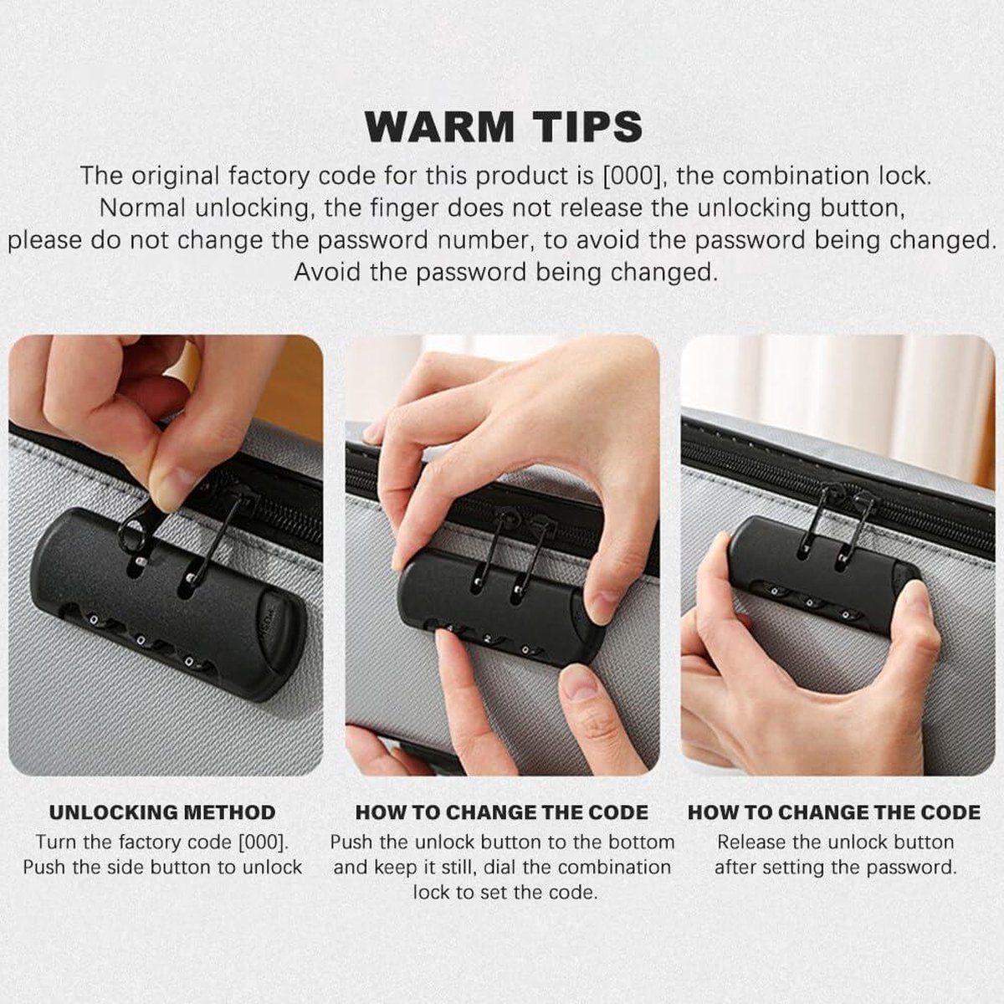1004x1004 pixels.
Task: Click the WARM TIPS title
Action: pyautogui.click(x=504, y=126)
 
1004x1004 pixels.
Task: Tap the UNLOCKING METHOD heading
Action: pyautogui.click(x=162, y=812)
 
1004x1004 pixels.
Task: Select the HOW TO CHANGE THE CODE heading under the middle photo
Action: pyautogui.click(x=502, y=812)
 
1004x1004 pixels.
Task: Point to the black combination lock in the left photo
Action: pyautogui.click(x=170, y=603)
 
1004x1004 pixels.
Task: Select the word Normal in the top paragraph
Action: pyautogui.click(x=141, y=208)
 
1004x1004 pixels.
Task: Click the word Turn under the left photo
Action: pyautogui.click(x=56, y=842)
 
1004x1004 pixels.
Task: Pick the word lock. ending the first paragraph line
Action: pyautogui.click(x=905, y=176)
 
